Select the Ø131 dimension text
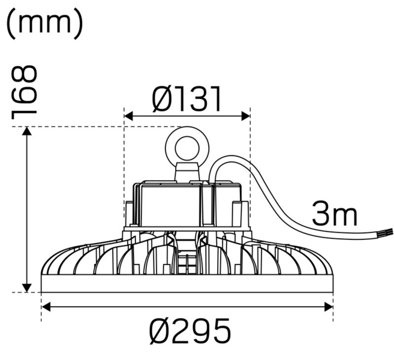point(187,99)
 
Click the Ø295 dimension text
point(190,331)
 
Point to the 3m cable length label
point(334,214)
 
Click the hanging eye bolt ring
point(186,146)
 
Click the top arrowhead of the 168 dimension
point(26,131)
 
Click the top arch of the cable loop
point(231,157)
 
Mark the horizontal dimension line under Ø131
point(187,116)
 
